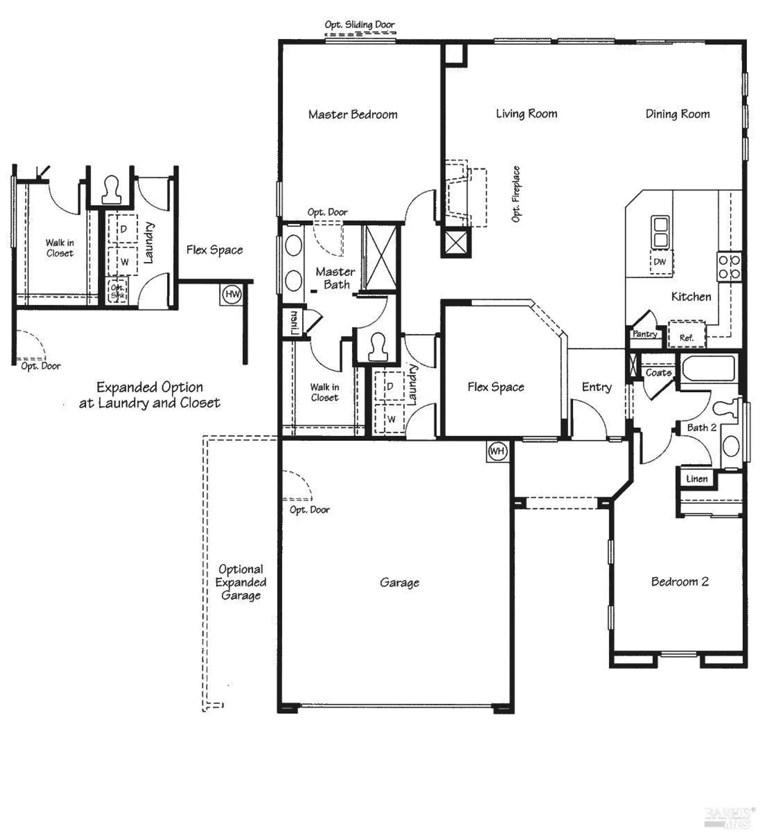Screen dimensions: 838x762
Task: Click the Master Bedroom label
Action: [353, 115]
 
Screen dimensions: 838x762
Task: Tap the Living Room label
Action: [526, 114]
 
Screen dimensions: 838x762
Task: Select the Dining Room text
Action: [677, 114]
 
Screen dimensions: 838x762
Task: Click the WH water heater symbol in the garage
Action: [497, 451]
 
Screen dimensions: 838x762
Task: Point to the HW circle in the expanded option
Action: [232, 294]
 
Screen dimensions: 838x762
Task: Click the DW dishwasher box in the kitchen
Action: [660, 262]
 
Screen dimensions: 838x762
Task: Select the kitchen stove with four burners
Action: [729, 267]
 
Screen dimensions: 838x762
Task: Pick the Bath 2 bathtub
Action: [708, 369]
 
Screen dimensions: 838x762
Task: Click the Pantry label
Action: [645, 334]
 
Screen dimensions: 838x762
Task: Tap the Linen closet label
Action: [697, 479]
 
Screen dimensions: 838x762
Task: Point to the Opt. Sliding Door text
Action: [359, 25]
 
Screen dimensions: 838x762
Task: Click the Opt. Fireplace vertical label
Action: [516, 194]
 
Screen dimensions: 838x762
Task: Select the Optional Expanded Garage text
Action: [241, 582]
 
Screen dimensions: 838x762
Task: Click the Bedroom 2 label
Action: [679, 582]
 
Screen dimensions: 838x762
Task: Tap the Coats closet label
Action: [658, 373]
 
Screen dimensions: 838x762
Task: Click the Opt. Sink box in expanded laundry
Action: [117, 291]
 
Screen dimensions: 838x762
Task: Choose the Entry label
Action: [596, 387]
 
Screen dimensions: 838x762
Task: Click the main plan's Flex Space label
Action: [496, 387]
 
